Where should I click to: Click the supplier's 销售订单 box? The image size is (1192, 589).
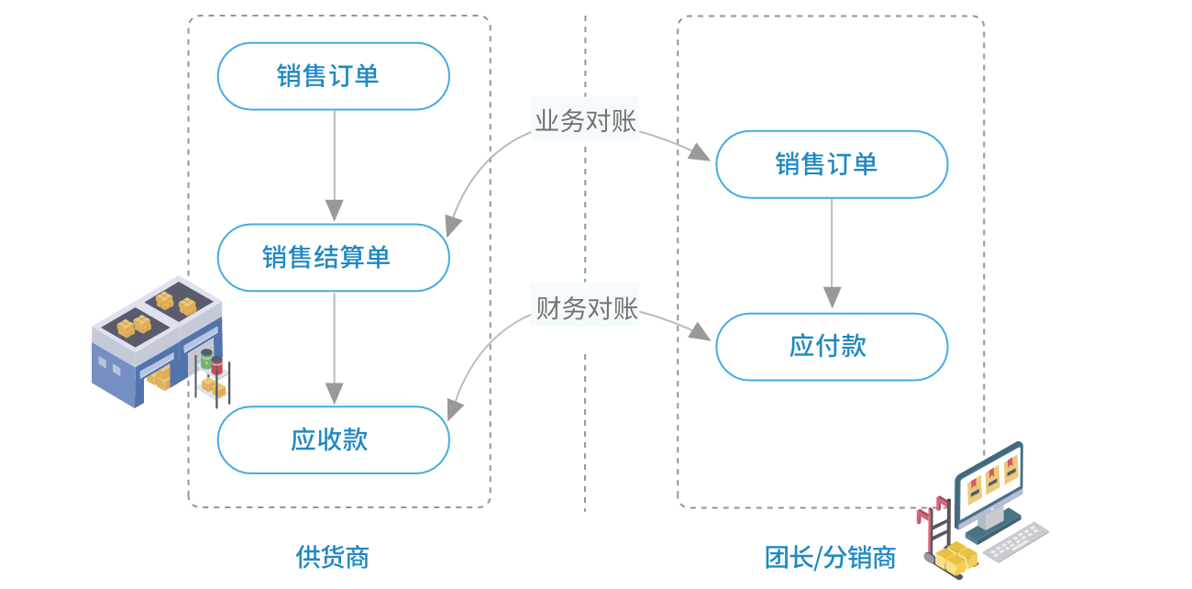pyautogui.click(x=333, y=76)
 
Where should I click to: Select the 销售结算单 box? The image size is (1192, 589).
pyautogui.click(x=333, y=258)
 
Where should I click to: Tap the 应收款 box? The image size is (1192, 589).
pyautogui.click(x=333, y=439)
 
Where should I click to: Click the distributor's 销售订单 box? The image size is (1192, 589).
pyautogui.click(x=831, y=164)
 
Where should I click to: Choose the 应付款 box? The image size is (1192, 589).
pyautogui.click(x=831, y=346)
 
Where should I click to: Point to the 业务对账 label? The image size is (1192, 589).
pyautogui.click(x=585, y=120)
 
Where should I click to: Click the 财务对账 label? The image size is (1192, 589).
pyautogui.click(x=585, y=307)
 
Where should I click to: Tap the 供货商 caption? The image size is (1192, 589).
pyautogui.click(x=332, y=556)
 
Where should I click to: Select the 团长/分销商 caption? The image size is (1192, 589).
pyautogui.click(x=830, y=557)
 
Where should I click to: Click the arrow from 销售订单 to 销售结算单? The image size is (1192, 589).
pyautogui.click(x=334, y=165)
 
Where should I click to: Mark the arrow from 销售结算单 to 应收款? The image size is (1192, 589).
pyautogui.click(x=334, y=349)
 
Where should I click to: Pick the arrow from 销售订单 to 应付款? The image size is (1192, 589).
pyautogui.click(x=832, y=253)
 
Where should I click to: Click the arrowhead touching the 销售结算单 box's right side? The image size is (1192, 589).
pyautogui.click(x=452, y=226)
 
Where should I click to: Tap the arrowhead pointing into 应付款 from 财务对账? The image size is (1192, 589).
pyautogui.click(x=701, y=332)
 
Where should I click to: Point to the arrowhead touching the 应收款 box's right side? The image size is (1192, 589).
pyautogui.click(x=453, y=410)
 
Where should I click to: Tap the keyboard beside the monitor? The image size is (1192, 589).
pyautogui.click(x=1017, y=540)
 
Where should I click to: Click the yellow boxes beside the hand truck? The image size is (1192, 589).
pyautogui.click(x=955, y=557)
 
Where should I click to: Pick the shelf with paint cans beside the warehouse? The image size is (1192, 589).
pyautogui.click(x=212, y=376)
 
